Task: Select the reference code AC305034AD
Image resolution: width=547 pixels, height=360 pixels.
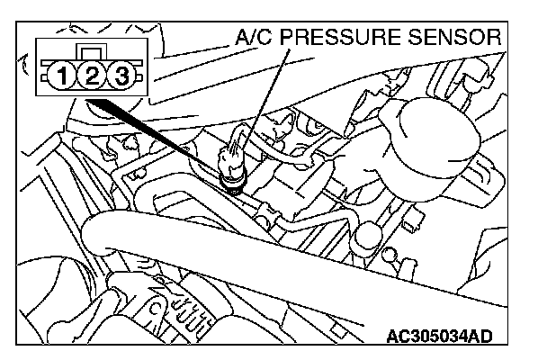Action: [441, 339]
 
